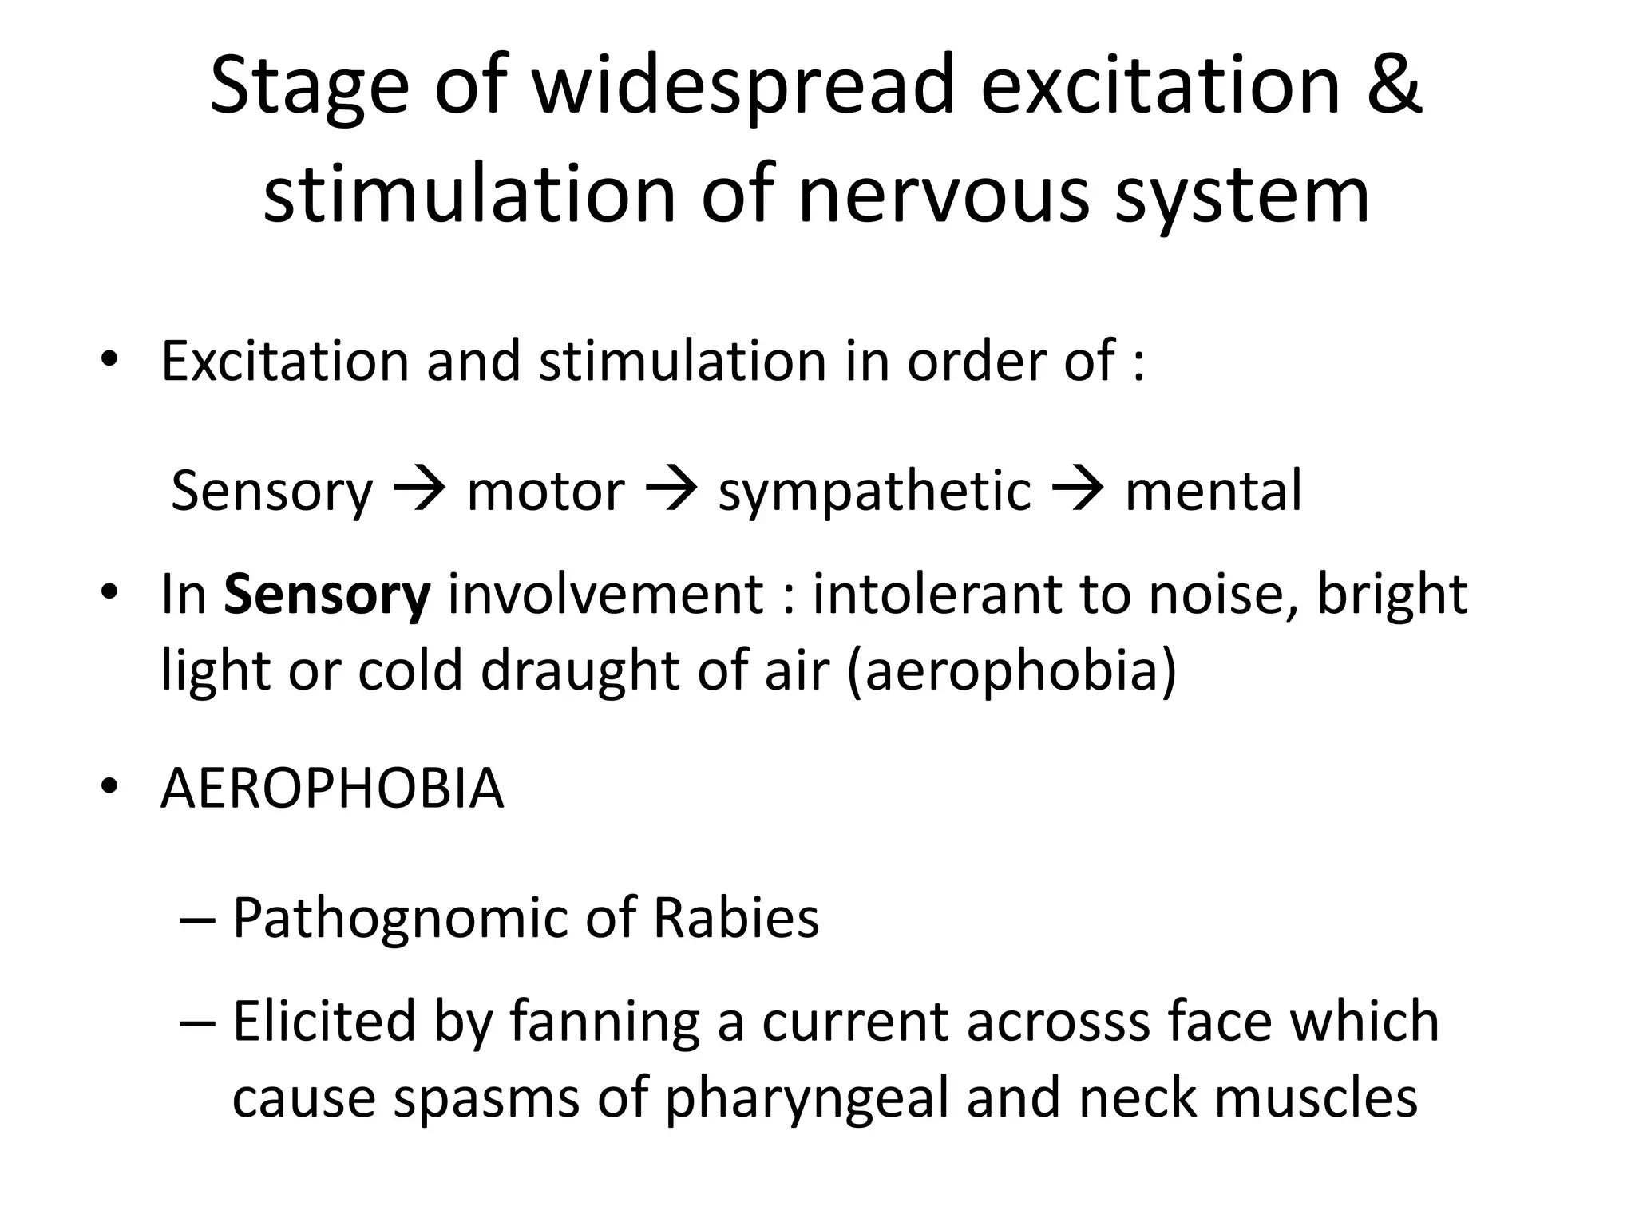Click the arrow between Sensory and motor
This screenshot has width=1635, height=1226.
click(x=420, y=489)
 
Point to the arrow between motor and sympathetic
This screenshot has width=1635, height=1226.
click(x=671, y=489)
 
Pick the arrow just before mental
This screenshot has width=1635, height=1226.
click(x=1079, y=489)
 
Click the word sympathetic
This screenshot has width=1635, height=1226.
click(x=874, y=492)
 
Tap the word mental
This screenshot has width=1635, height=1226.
click(x=1213, y=489)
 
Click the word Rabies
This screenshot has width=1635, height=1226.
click(x=736, y=918)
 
